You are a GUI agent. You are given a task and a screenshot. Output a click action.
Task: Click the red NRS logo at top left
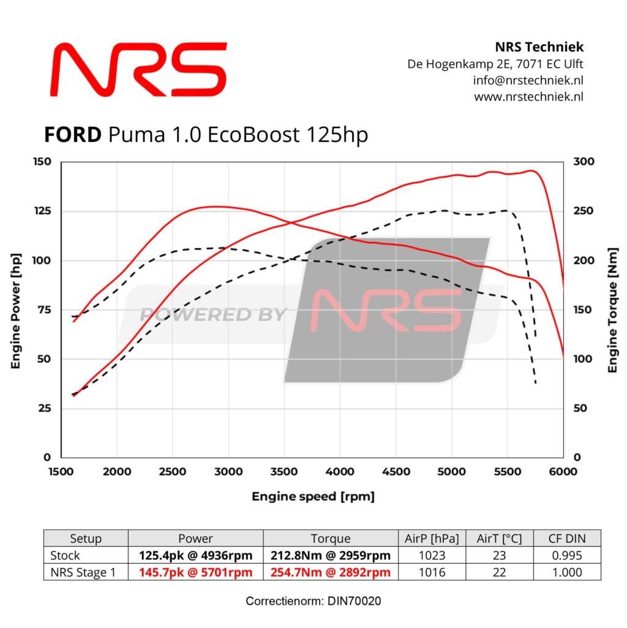pyautogui.click(x=139, y=69)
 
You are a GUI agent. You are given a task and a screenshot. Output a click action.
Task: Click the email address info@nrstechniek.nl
pyautogui.click(x=528, y=80)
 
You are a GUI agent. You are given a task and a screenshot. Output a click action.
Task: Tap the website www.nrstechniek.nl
pyautogui.click(x=528, y=96)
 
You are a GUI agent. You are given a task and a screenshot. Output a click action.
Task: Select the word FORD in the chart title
pyautogui.click(x=72, y=134)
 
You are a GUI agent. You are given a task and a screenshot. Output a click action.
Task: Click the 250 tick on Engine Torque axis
pyautogui.click(x=582, y=211)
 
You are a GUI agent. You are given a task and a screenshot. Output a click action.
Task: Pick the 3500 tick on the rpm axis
pyautogui.click(x=284, y=471)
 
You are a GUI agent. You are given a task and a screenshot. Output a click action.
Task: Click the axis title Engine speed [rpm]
pyautogui.click(x=313, y=496)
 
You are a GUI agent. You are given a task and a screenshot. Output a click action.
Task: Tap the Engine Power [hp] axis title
pyautogui.click(x=16, y=311)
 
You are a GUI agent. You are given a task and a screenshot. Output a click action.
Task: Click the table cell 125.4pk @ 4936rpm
pyautogui.click(x=195, y=556)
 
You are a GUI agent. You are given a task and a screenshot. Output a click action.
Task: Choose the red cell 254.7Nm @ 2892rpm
pyautogui.click(x=330, y=572)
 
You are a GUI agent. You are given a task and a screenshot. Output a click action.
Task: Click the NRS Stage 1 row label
pyautogui.click(x=86, y=572)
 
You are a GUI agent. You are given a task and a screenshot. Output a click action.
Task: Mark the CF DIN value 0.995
pyautogui.click(x=567, y=556)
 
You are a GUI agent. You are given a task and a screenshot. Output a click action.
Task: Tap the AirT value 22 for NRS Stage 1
pyautogui.click(x=500, y=572)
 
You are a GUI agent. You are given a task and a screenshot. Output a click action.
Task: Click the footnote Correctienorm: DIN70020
pyautogui.click(x=313, y=601)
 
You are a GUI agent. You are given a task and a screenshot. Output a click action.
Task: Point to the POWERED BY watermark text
pyautogui.click(x=212, y=315)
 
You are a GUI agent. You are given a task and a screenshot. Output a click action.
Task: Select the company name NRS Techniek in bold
pyautogui.click(x=539, y=47)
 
